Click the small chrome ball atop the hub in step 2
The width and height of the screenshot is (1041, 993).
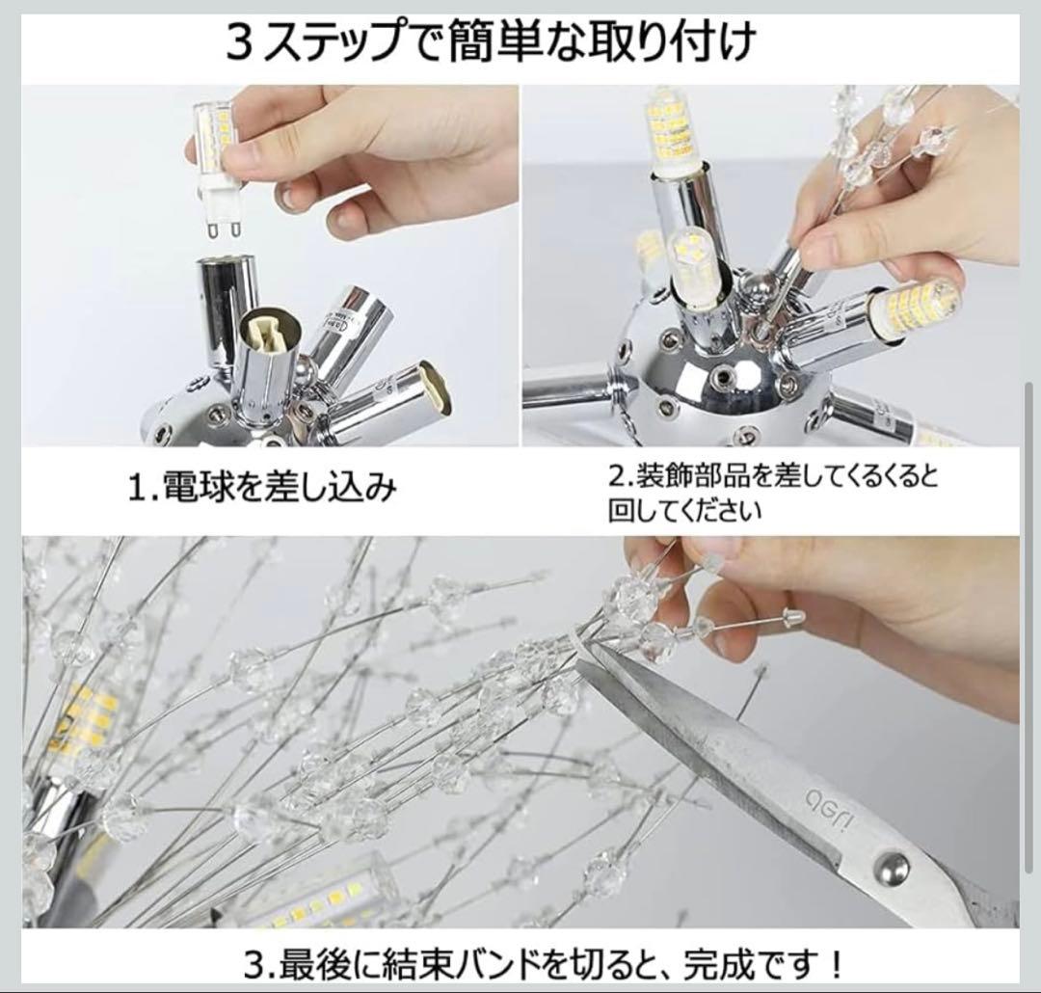tap(752, 286)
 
